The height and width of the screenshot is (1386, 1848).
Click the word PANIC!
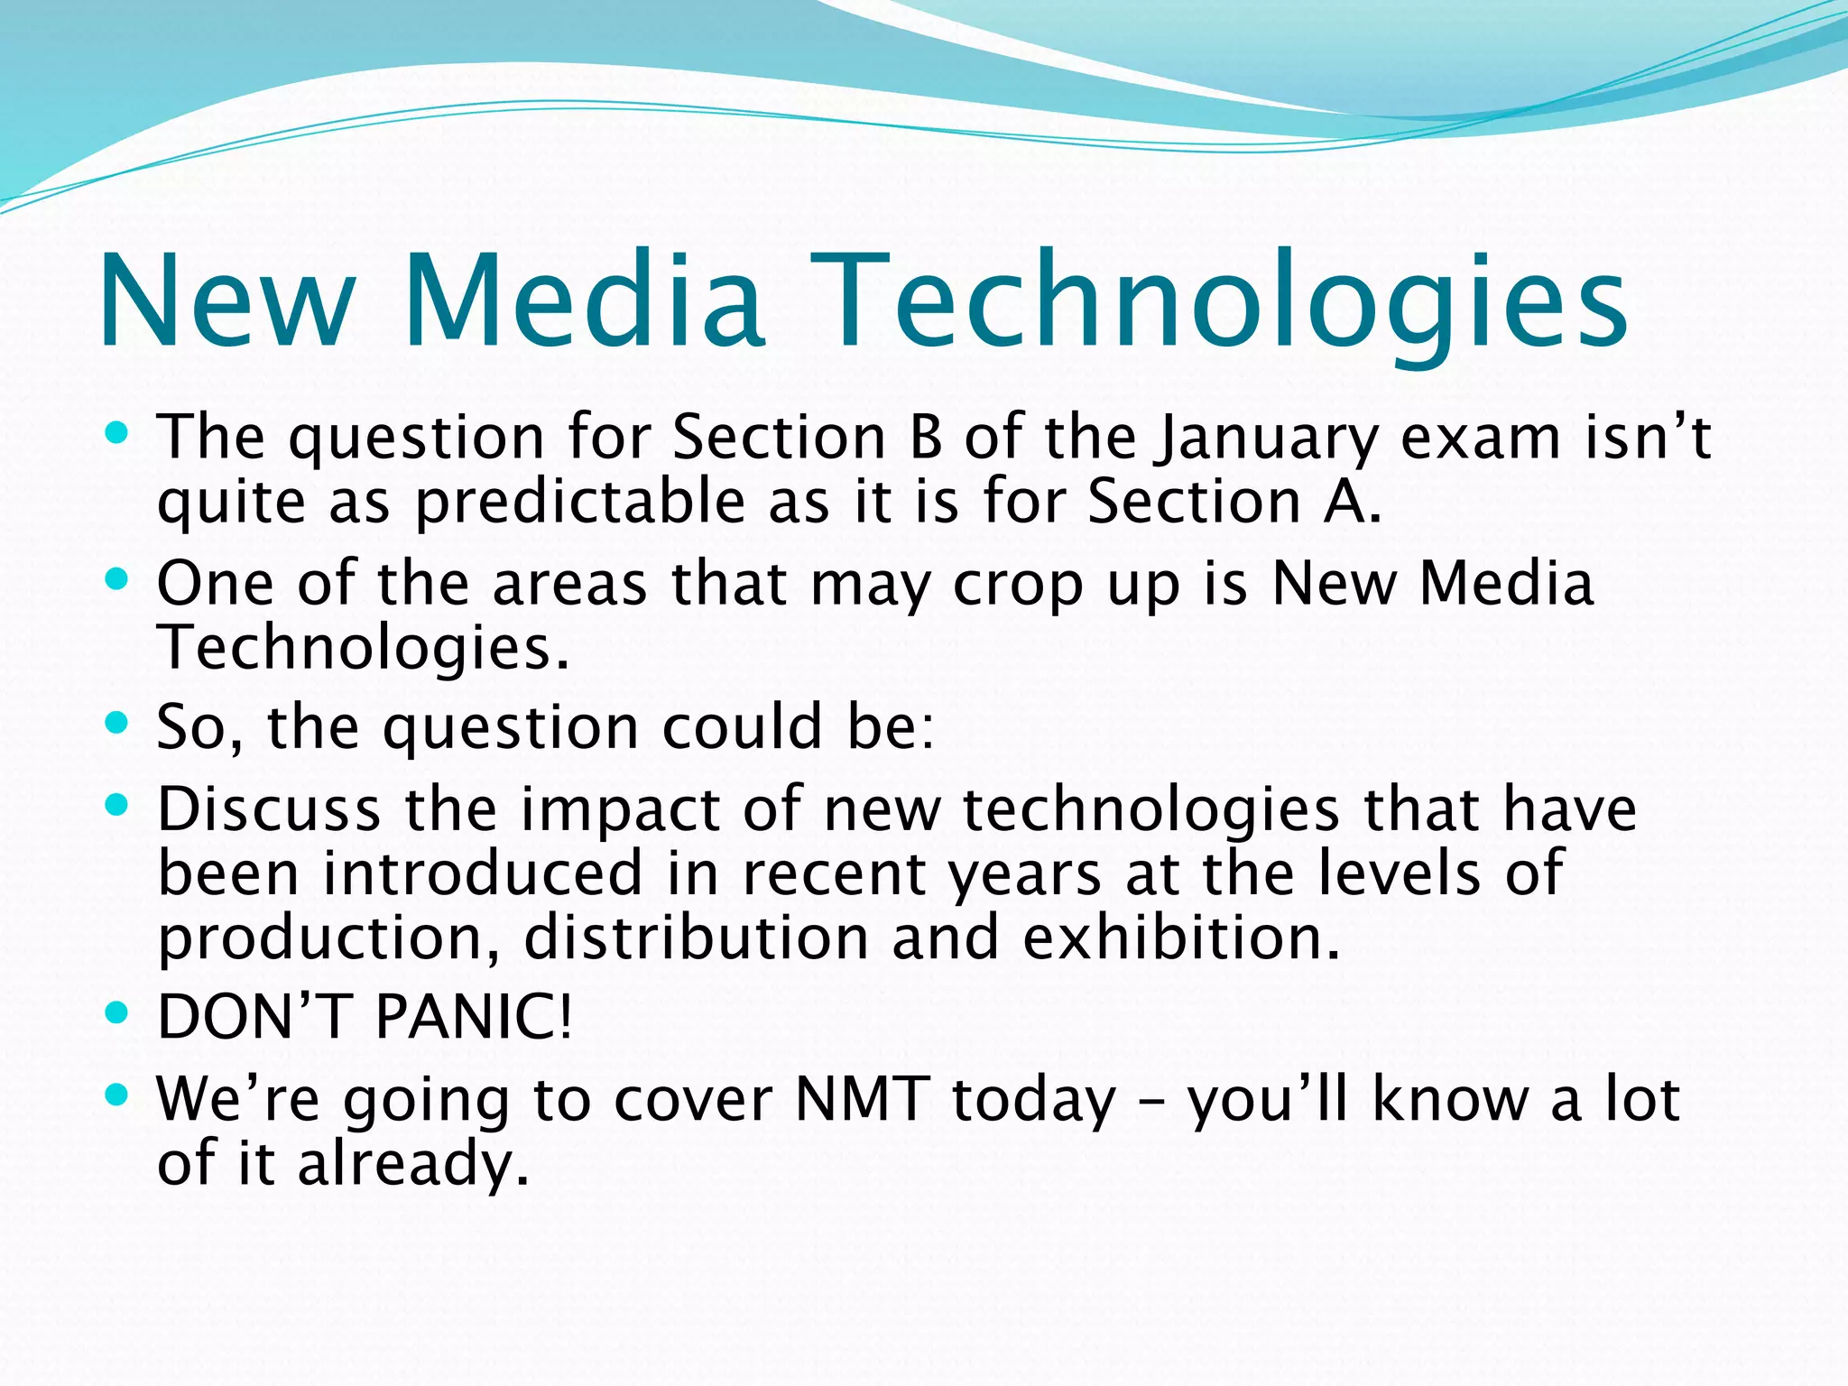(473, 1017)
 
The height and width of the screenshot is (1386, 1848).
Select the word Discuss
(269, 809)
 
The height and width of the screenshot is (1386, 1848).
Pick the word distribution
(696, 938)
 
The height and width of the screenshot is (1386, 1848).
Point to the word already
(412, 1164)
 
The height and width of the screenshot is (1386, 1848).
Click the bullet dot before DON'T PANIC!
(117, 1012)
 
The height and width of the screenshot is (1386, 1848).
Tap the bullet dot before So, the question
(117, 723)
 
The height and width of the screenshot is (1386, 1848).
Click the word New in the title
(226, 302)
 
